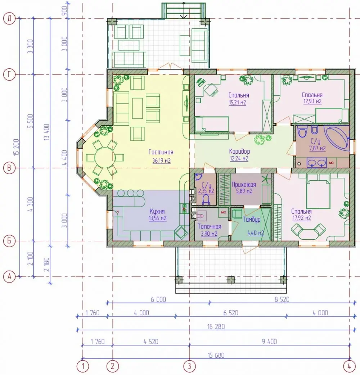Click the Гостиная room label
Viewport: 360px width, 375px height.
coord(161,152)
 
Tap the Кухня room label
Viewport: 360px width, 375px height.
coord(157,211)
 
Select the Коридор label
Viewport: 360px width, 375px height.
coord(239,152)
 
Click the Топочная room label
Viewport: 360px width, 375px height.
coord(209,226)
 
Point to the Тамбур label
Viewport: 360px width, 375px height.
coord(252,220)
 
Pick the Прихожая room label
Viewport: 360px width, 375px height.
coord(244,185)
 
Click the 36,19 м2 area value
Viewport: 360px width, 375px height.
coord(162,161)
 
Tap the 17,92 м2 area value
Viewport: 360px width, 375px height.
coord(302,218)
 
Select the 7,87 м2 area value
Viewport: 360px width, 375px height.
coord(317,148)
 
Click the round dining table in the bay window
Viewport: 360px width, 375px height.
coord(105,158)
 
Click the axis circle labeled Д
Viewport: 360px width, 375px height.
coord(9,18)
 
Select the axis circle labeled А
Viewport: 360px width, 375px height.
coord(9,277)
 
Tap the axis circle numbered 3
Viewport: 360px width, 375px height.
coord(189,366)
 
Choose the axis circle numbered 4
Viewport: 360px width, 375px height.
coord(350,366)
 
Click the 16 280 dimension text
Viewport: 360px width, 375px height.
coord(216,327)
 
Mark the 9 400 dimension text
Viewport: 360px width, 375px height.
coord(269,342)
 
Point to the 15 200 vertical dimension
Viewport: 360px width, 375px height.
coord(16,147)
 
